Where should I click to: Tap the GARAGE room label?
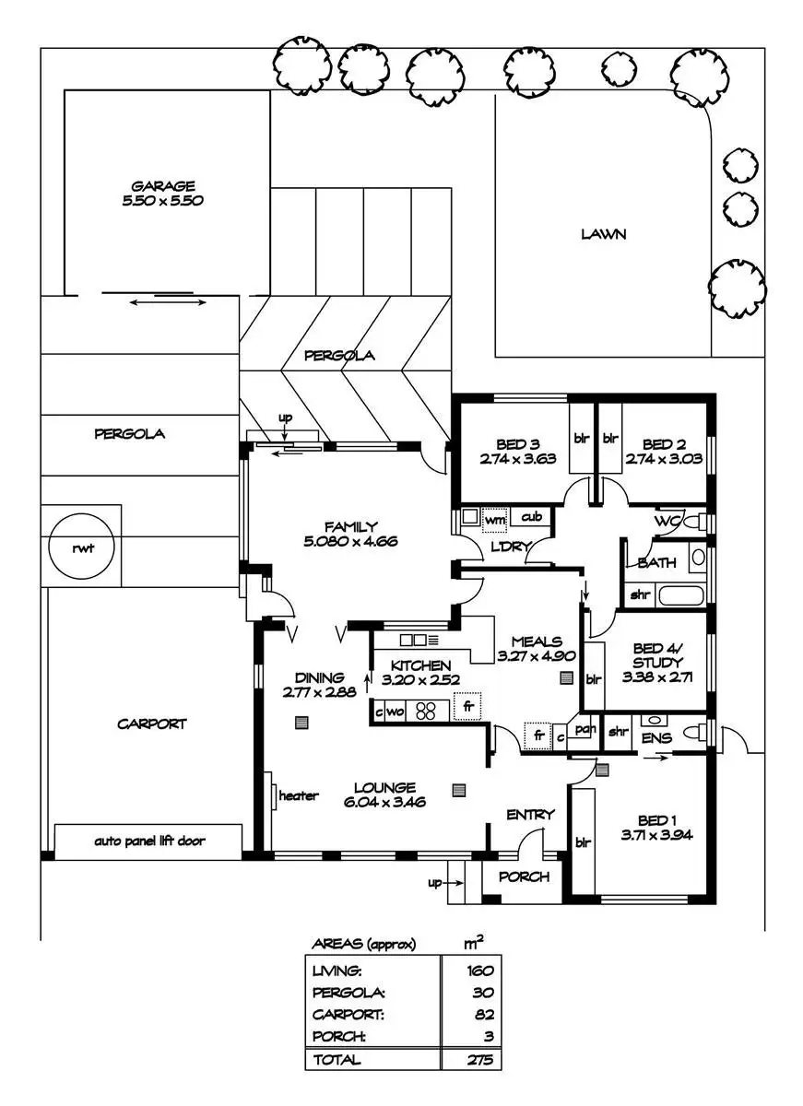[x=163, y=186]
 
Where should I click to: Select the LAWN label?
[x=603, y=233]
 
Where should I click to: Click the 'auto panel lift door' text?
[x=149, y=841]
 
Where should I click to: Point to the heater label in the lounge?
[x=299, y=795]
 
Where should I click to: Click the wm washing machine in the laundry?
[x=494, y=521]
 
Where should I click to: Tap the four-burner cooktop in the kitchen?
[x=425, y=711]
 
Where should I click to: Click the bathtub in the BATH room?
[x=681, y=595]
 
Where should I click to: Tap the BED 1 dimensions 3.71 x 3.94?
[x=656, y=835]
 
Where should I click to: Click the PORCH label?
[x=524, y=877]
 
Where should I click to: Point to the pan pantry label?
[x=585, y=729]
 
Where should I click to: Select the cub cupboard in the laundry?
[x=531, y=517]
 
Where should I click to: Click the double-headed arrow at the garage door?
[x=168, y=302]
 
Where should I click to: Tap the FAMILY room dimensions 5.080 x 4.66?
[x=350, y=541]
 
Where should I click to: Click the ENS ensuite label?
[x=656, y=737]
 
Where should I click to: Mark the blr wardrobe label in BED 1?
[x=583, y=842]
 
